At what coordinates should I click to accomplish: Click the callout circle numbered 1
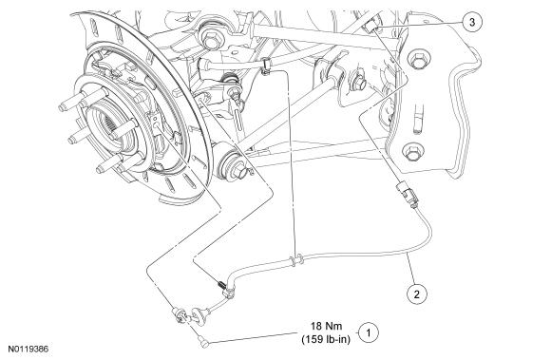[369, 332]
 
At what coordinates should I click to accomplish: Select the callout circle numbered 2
[417, 294]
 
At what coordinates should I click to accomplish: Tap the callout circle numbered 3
[472, 22]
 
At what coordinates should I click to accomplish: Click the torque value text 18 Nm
[326, 326]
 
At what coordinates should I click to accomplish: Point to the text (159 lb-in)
[326, 340]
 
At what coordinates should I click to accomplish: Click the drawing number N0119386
[28, 349]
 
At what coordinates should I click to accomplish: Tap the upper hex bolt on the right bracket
[418, 61]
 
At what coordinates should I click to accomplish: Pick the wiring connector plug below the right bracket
[407, 194]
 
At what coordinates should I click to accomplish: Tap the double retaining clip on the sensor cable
[295, 260]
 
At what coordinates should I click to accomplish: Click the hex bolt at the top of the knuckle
[211, 39]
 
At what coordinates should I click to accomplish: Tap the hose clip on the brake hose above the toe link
[267, 66]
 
